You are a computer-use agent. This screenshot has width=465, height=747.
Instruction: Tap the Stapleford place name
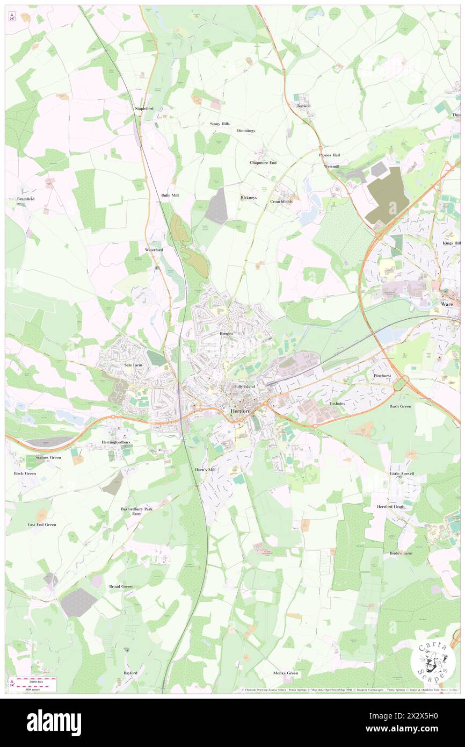point(144,109)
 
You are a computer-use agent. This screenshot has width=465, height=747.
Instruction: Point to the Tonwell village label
point(303,106)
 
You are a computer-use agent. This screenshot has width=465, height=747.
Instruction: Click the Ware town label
point(447,304)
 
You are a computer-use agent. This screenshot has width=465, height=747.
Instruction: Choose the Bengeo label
point(226,334)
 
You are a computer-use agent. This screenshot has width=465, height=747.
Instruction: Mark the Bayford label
point(130,673)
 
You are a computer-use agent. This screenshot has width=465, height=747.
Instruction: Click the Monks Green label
point(285,673)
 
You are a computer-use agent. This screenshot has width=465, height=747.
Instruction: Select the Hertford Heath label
point(390,507)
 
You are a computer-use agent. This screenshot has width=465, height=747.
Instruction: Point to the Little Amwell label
point(402,473)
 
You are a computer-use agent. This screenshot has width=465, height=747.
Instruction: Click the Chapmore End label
point(263,162)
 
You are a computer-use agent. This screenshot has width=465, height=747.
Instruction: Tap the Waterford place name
point(154,250)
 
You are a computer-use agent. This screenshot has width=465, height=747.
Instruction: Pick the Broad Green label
point(120,586)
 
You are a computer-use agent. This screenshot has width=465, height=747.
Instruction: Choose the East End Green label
point(42,525)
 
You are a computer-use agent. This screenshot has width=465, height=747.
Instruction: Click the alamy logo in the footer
point(54,723)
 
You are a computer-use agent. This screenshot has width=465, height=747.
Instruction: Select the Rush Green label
point(401,406)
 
